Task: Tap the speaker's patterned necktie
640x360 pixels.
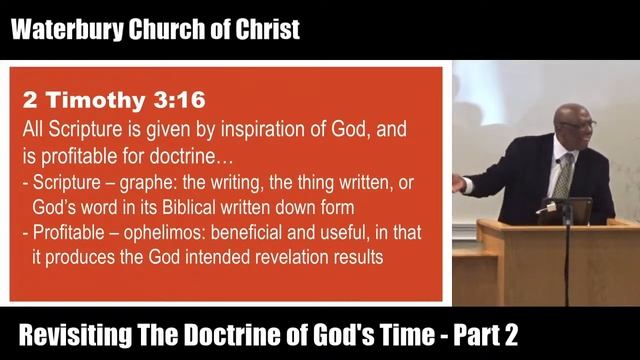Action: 562,177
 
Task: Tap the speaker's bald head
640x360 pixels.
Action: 573,107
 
